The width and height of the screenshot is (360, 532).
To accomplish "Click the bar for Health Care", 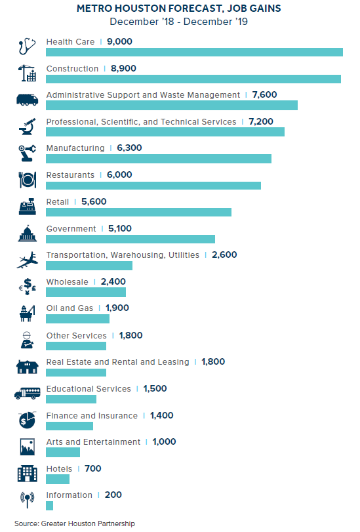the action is (194, 52).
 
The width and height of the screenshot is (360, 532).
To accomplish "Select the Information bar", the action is (50, 506).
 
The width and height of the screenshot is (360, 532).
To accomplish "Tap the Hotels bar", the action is (58, 479).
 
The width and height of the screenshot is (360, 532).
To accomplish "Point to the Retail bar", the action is (139, 212).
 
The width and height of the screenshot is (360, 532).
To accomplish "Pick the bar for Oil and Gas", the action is (77, 319).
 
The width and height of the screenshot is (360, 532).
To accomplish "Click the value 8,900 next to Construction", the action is (123, 68).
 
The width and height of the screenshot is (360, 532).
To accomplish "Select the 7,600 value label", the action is (265, 94).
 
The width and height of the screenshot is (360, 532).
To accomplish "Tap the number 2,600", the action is (224, 255).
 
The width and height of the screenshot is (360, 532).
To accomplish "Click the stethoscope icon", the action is (27, 46).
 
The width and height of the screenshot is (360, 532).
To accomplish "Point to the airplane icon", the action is (27, 260).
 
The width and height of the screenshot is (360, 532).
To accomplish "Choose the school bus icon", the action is (27, 393).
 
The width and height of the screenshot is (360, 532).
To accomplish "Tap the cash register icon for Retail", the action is (27, 206).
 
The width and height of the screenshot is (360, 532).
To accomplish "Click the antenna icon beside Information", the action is (27, 500).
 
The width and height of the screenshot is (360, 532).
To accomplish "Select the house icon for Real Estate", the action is (27, 367).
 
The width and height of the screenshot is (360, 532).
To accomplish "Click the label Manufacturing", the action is (75, 148).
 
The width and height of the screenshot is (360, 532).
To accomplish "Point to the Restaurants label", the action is (70, 175).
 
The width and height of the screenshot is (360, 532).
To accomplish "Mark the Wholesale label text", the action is (67, 282).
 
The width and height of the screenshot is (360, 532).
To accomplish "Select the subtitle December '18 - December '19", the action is (179, 22).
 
